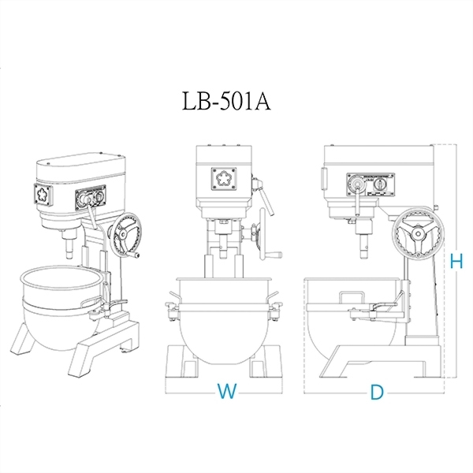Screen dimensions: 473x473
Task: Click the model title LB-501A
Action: click(226, 102)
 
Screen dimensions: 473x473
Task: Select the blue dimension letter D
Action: click(377, 392)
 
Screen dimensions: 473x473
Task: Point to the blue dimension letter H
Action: click(456, 261)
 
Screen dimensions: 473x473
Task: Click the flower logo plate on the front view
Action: click(224, 179)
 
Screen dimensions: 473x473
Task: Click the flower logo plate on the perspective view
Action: click(43, 195)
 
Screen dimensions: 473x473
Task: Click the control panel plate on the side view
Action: click(371, 184)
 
